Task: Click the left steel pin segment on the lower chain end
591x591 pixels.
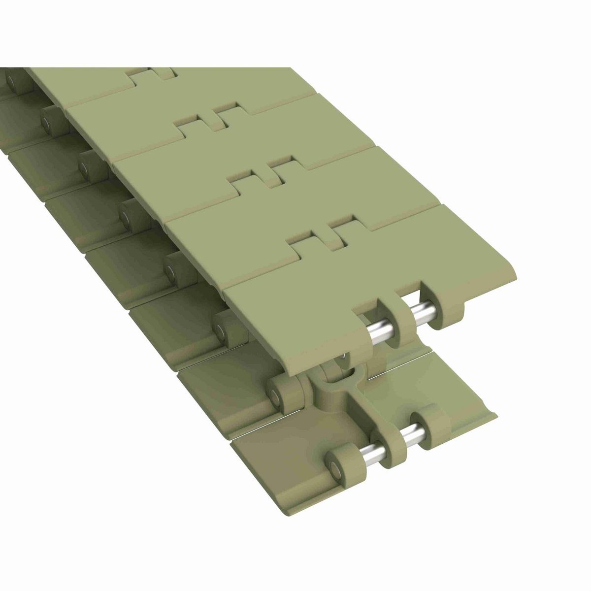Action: (361, 450)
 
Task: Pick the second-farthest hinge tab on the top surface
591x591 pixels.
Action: (212, 115)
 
